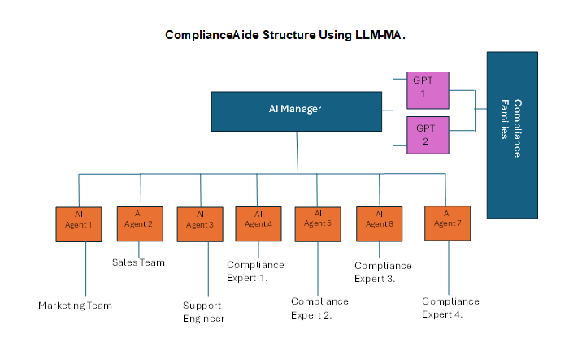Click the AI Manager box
click(x=296, y=111)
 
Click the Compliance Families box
click(x=511, y=135)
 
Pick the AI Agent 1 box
click(x=79, y=224)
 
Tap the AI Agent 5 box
click(x=318, y=223)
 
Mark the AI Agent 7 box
click(x=447, y=223)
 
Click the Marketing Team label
click(x=75, y=306)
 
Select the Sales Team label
click(x=138, y=262)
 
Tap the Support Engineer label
click(x=203, y=312)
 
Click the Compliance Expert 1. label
click(x=255, y=271)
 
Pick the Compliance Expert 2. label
click(x=319, y=308)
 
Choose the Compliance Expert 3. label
click(x=383, y=271)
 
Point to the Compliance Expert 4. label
click(x=450, y=308)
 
